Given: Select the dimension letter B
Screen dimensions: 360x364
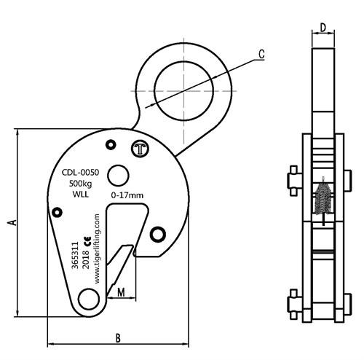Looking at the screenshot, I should (x=116, y=338).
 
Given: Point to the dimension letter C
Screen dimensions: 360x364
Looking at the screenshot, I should (x=261, y=53).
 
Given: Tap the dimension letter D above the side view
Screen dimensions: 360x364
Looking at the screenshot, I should (x=323, y=28).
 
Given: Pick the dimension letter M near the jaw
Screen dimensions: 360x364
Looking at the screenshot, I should (x=121, y=292).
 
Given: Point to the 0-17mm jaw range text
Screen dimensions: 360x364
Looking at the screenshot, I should (x=127, y=195).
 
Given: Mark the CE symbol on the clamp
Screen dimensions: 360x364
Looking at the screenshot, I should (x=86, y=241).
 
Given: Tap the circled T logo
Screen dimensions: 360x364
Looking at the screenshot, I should (x=140, y=150).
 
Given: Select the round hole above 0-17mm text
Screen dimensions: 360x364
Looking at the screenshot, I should (x=117, y=175).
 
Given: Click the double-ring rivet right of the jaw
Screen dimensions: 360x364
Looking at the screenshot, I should (x=158, y=234).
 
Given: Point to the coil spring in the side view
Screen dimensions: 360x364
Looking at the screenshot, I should (x=323, y=201).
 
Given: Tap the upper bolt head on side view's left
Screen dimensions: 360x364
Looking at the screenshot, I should (x=293, y=179).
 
